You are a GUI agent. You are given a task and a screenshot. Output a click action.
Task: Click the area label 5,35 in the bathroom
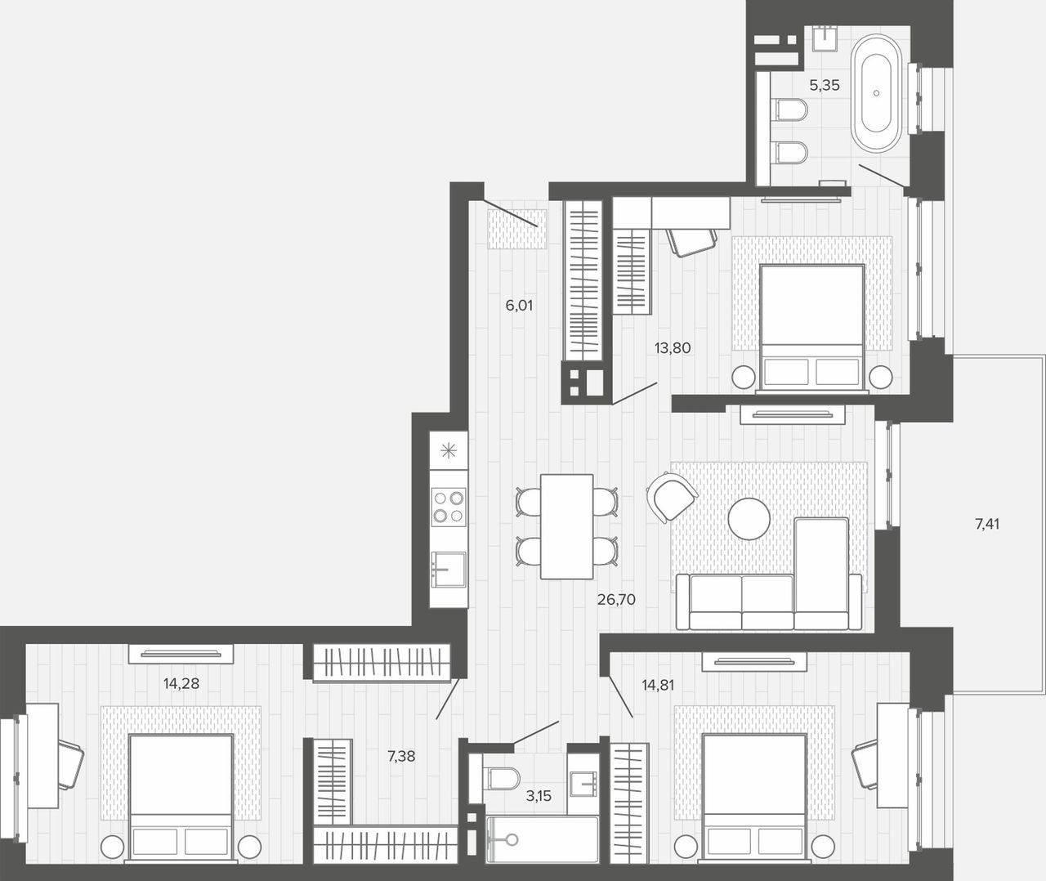[824, 86]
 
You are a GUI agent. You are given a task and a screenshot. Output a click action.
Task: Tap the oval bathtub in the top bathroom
[876, 93]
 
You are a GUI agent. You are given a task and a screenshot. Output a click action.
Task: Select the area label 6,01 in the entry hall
[519, 305]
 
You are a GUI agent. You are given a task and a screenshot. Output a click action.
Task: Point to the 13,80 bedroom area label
[673, 348]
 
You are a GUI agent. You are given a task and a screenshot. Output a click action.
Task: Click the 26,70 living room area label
[616, 599]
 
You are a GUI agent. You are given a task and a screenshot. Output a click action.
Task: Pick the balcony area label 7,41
[987, 524]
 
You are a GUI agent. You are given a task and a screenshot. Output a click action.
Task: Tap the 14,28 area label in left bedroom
[181, 683]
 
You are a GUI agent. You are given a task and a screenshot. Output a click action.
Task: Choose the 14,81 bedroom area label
[658, 685]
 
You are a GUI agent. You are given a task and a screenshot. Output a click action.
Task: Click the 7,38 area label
[401, 756]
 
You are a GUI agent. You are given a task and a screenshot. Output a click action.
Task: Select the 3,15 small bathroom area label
[539, 795]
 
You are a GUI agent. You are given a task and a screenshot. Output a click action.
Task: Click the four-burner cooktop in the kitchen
[449, 507]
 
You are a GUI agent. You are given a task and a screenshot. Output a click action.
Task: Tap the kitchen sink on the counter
[449, 570]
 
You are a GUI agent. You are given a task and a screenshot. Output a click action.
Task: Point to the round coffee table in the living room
[749, 519]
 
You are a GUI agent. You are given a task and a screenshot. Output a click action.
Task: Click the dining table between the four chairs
[566, 526]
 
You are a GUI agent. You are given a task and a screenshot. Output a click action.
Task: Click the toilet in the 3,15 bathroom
[502, 778]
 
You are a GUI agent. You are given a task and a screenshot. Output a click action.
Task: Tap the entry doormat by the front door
[517, 229]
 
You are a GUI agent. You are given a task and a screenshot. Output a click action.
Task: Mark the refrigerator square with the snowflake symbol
[449, 450]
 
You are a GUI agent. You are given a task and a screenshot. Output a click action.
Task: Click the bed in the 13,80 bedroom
[811, 328]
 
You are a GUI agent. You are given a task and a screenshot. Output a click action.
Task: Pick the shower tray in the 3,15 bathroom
[543, 839]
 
